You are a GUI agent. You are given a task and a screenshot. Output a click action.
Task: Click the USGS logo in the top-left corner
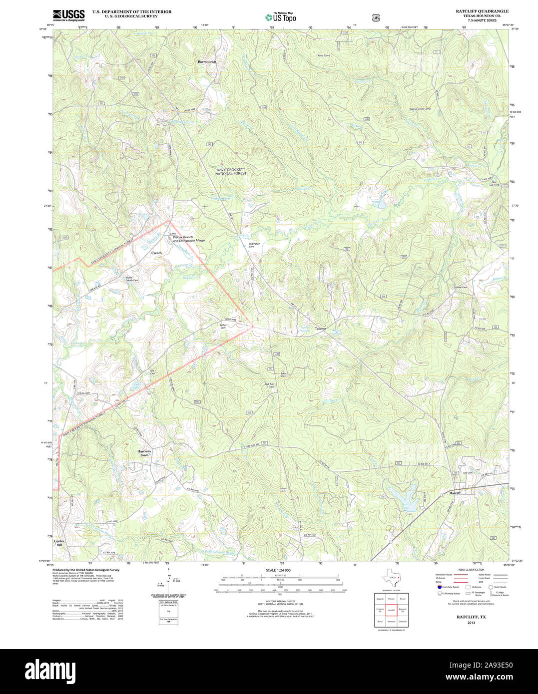(x=68, y=15)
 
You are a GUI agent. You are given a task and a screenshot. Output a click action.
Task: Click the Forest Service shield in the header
(x=376, y=17)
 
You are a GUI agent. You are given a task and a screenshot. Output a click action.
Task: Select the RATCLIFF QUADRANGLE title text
(x=482, y=11)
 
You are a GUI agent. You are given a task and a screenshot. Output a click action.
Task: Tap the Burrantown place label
(x=207, y=61)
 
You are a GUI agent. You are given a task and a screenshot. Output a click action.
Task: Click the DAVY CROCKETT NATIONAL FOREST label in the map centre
(x=231, y=171)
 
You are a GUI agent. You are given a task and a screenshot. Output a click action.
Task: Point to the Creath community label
(x=156, y=253)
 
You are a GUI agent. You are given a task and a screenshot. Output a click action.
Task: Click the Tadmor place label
(x=320, y=329)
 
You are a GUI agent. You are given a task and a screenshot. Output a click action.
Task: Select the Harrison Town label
(x=144, y=453)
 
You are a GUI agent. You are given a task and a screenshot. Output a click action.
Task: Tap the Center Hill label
(x=59, y=543)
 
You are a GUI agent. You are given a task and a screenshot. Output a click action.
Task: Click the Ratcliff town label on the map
(x=454, y=493)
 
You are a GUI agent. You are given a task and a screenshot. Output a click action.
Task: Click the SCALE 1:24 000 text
(x=278, y=570)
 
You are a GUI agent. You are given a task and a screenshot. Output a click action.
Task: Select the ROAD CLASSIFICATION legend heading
(x=471, y=570)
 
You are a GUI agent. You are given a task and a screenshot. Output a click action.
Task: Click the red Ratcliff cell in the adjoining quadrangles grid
(x=391, y=610)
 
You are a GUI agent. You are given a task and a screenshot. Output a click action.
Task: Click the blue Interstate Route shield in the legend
(x=439, y=587)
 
